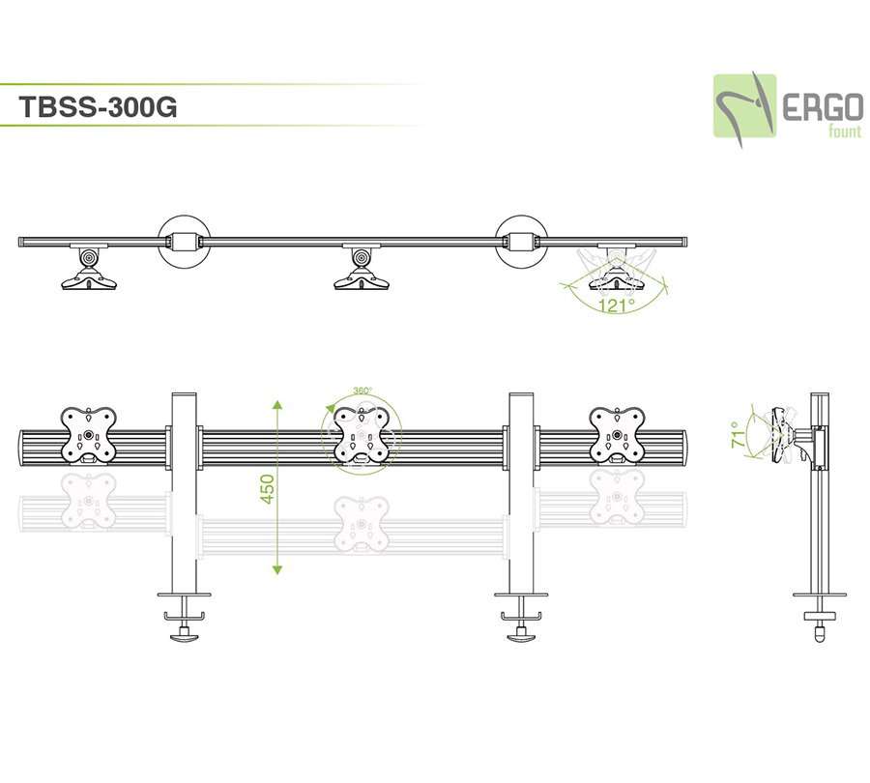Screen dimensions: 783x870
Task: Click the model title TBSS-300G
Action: [x=98, y=108]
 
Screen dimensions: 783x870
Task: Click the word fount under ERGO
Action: [x=843, y=131]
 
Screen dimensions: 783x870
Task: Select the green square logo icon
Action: [x=745, y=104]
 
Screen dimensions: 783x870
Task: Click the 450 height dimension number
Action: [x=268, y=488]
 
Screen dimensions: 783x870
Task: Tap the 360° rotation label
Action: [x=362, y=391]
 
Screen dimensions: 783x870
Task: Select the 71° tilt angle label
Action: [x=739, y=435]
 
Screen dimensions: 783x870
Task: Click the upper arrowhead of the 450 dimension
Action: [x=277, y=405]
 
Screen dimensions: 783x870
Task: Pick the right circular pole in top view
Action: [x=522, y=240]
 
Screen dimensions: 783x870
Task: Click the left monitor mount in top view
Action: [x=88, y=270]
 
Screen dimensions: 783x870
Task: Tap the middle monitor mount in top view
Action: [x=361, y=270]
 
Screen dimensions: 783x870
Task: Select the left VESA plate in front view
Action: [x=89, y=435]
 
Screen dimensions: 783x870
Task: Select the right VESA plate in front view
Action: [x=618, y=435]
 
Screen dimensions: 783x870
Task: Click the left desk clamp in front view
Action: [x=184, y=619]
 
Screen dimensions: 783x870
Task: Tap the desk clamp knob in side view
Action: [x=821, y=633]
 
